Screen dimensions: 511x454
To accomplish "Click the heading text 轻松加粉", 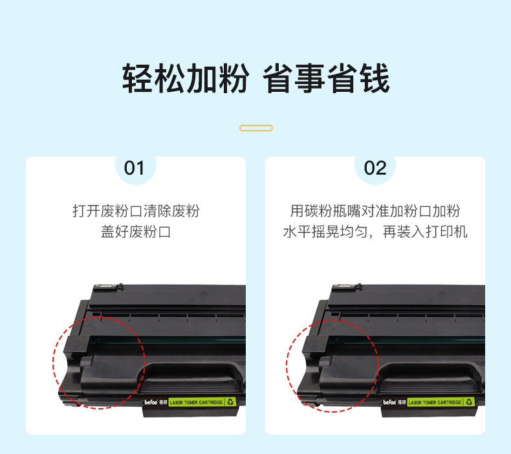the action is click(x=186, y=78).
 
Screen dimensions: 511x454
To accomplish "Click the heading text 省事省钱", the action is click(x=326, y=78).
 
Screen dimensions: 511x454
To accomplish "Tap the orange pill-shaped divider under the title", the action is click(x=256, y=128).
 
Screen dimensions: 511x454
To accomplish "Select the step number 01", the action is click(x=134, y=168).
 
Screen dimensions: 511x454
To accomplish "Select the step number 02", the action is click(x=375, y=168).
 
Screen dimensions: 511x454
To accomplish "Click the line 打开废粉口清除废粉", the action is click(x=136, y=211).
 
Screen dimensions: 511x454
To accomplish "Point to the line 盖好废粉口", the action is click(x=136, y=232).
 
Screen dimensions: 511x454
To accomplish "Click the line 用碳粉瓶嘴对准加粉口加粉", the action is click(x=375, y=211).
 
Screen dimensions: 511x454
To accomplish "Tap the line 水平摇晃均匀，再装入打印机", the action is click(x=375, y=232).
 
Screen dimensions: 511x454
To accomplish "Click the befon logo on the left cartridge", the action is click(x=151, y=402).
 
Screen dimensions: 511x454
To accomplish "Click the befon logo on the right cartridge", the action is click(x=390, y=402).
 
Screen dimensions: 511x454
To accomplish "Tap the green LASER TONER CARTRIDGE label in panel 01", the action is click(x=196, y=402).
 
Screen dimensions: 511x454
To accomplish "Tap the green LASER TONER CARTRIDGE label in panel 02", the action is click(x=435, y=402).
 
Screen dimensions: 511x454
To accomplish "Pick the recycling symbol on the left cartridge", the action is click(x=230, y=402).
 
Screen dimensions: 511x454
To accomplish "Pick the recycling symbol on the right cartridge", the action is click(x=469, y=402).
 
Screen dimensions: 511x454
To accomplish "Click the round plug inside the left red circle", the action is click(x=86, y=362).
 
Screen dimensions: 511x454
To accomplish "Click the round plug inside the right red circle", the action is click(x=325, y=362).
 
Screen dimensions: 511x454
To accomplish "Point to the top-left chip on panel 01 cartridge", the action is click(x=107, y=286).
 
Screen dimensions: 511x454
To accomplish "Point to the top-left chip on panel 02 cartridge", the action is click(x=346, y=286).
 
